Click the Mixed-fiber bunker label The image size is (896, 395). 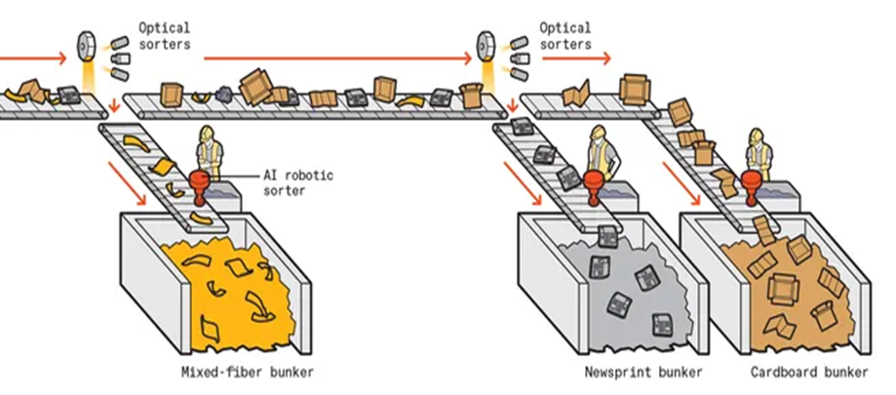(248, 373)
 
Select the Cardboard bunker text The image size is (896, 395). (809, 373)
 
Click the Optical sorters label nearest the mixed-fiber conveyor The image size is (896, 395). (165, 36)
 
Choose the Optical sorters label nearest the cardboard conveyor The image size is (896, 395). (566, 36)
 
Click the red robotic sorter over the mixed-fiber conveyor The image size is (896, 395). (201, 182)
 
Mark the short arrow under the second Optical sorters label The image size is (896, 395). (576, 59)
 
